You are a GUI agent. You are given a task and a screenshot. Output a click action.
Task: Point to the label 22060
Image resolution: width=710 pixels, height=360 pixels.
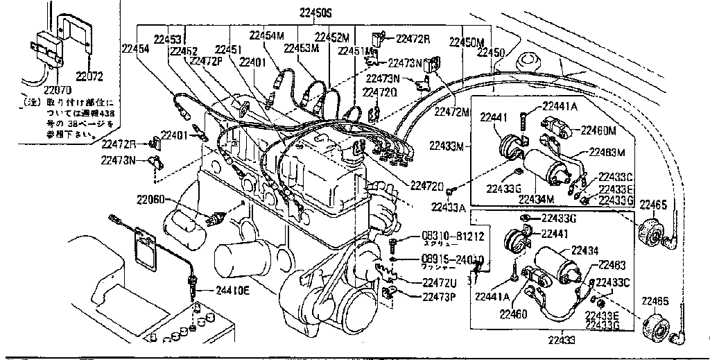(x=150, y=199)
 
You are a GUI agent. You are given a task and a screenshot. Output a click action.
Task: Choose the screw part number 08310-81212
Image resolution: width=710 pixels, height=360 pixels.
(x=453, y=237)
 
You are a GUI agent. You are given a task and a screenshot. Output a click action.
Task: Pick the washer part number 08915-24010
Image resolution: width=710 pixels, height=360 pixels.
(x=453, y=259)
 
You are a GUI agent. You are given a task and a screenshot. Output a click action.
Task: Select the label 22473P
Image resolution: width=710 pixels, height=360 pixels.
(x=442, y=297)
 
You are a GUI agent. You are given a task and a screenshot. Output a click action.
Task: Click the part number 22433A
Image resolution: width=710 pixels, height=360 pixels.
(x=448, y=207)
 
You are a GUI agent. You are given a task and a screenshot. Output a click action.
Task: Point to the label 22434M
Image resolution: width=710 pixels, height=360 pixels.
(x=537, y=198)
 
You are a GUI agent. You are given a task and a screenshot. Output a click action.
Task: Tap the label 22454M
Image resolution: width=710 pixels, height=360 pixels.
(x=267, y=35)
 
